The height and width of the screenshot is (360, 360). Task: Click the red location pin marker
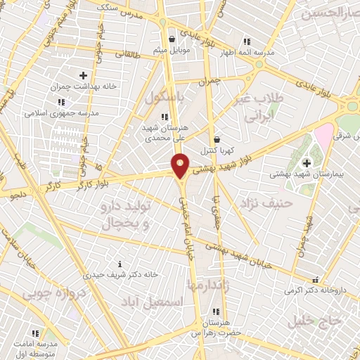click(x=181, y=165)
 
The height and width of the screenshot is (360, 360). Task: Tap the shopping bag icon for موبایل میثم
click(x=172, y=39)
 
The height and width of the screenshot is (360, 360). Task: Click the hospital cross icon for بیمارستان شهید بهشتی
click(x=307, y=164)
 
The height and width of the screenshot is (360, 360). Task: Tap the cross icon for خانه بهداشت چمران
click(x=83, y=75)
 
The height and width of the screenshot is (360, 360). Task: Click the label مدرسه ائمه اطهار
click(x=247, y=53)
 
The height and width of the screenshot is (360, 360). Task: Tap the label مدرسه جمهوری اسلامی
click(x=62, y=112)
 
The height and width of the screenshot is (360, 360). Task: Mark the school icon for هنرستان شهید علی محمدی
click(x=164, y=117)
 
